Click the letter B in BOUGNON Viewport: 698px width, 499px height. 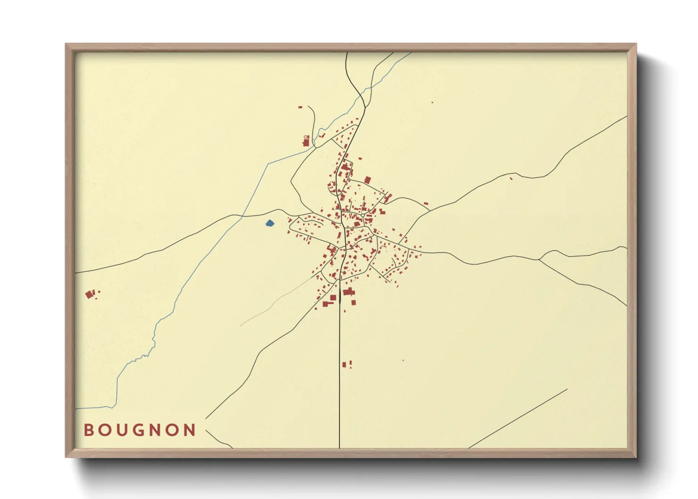(88, 430)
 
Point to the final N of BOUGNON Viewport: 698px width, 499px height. (190, 430)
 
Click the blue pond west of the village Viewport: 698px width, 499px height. (269, 223)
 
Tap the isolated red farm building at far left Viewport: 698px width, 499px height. (89, 295)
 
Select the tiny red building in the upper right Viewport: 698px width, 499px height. (432, 102)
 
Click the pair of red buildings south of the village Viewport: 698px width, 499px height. (347, 364)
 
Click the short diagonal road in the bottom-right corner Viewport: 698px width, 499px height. (519, 418)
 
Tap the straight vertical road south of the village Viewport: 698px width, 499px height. (340, 377)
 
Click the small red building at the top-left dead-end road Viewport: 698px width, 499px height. (300, 108)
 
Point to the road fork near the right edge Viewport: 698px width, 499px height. (540, 259)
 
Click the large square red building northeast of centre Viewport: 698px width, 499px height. (367, 180)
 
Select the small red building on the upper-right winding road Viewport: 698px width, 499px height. (510, 178)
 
